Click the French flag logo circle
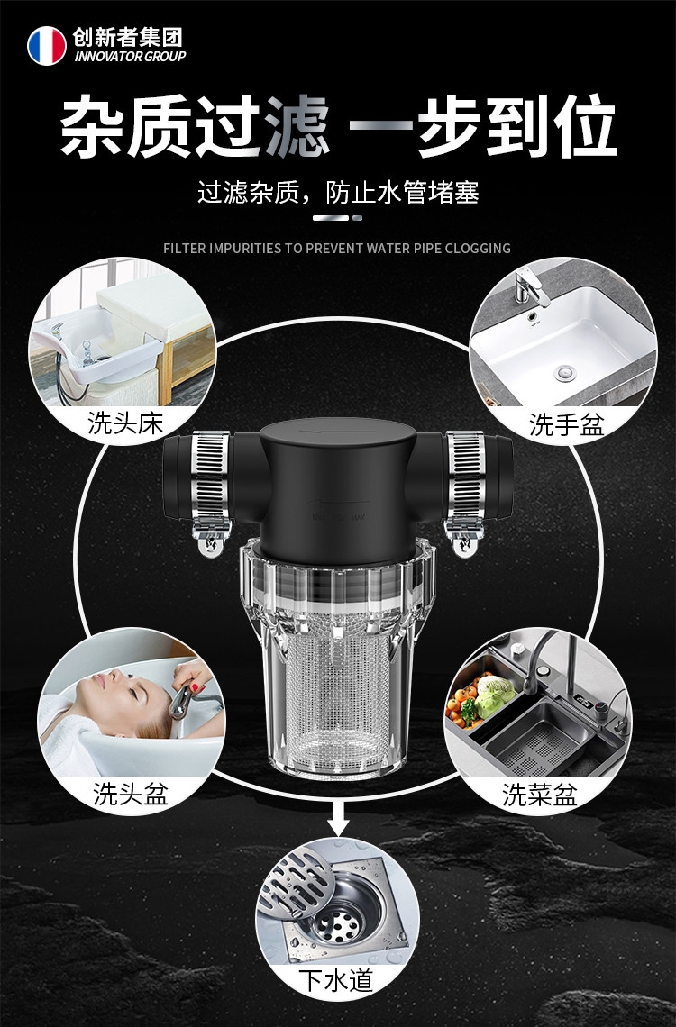tap(46, 46)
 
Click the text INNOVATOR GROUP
tap(130, 57)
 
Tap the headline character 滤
tap(297, 126)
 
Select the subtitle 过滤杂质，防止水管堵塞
tap(338, 193)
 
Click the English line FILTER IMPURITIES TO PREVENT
tap(337, 248)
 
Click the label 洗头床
tap(125, 423)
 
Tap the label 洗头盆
tap(131, 795)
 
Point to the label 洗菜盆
tap(540, 795)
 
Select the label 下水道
tap(335, 980)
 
